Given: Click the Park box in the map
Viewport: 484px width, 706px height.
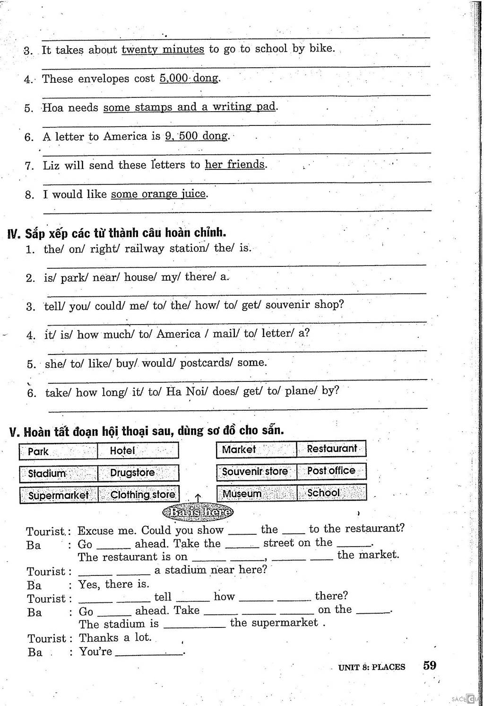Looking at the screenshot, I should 58,451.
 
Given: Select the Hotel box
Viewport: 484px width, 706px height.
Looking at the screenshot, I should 138,450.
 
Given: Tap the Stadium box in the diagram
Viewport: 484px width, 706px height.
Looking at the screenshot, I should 59,473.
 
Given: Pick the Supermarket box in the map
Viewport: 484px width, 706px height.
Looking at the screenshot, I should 59,495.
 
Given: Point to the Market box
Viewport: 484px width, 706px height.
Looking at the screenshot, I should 257,449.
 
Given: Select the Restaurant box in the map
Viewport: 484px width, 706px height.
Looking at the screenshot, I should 331,449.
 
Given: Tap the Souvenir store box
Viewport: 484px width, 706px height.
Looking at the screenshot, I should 257,471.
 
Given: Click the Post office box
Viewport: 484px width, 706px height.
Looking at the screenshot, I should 331,471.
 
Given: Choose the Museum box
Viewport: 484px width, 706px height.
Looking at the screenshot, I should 257,494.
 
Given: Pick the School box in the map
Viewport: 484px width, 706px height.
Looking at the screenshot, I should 331,493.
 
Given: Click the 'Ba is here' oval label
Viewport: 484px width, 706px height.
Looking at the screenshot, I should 198,512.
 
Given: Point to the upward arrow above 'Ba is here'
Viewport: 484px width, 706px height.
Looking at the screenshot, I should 198,497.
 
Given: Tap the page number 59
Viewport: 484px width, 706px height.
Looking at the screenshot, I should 430,665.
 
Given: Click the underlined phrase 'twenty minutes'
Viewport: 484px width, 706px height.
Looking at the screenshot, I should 163,49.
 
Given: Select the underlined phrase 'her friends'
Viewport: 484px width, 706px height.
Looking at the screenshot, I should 235,165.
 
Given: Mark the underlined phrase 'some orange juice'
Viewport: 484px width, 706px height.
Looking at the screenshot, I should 158,194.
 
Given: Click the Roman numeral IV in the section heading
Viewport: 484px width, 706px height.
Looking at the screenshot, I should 14,234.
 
